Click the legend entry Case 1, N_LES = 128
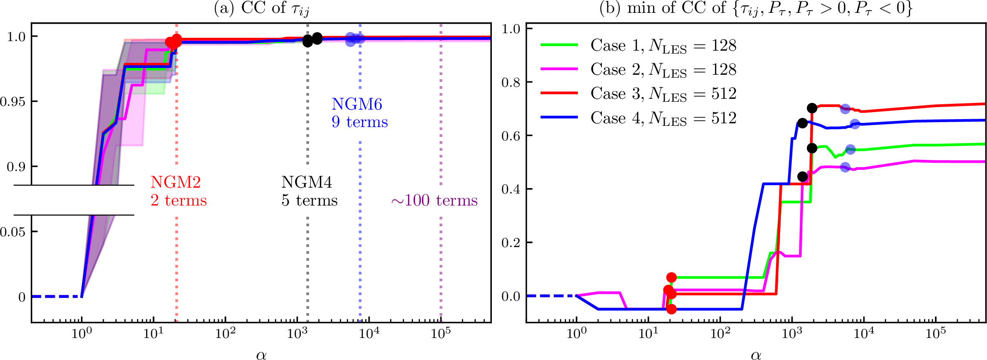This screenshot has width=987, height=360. click(663, 45)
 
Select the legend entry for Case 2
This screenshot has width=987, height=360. click(663, 69)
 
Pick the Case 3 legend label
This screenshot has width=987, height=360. click(663, 93)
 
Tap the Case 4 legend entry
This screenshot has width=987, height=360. click(663, 118)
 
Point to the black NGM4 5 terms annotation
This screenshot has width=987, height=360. click(309, 191)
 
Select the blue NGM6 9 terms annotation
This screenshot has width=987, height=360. click(359, 113)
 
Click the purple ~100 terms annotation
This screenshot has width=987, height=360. click(434, 201)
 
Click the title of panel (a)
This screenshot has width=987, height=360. click(261, 8)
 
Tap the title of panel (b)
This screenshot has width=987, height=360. click(756, 8)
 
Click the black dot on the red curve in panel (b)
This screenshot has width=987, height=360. click(812, 108)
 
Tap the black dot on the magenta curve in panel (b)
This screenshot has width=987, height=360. click(803, 176)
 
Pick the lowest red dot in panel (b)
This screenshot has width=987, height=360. click(671, 309)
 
